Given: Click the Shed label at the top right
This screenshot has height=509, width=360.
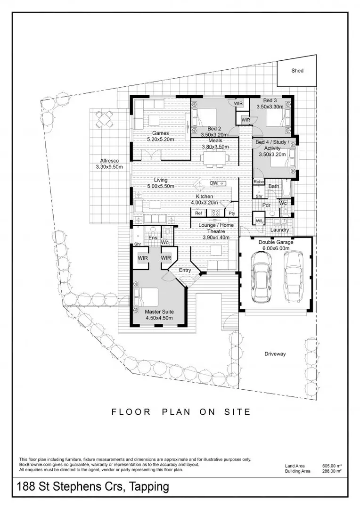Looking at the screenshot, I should click(297, 71).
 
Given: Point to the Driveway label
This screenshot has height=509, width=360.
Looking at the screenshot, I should click(275, 354).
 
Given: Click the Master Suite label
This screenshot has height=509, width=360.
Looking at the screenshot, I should click(159, 312).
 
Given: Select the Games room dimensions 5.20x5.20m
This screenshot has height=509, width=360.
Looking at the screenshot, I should click(160, 140).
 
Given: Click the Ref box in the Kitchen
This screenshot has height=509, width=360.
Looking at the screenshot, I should click(198, 213).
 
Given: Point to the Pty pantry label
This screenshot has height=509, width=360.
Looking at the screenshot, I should click(232, 213).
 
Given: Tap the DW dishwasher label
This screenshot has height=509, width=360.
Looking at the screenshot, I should click(213, 183).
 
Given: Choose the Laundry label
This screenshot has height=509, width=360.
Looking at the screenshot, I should click(279, 230).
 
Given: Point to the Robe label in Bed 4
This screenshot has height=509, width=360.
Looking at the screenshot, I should click(258, 182).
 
